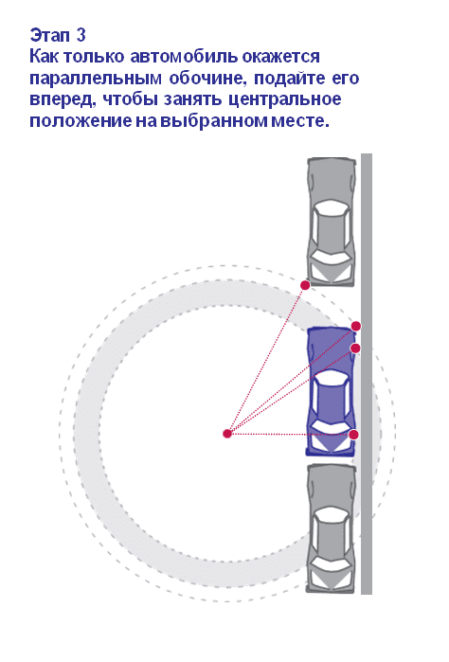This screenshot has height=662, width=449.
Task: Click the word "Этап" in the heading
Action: coord(50,35)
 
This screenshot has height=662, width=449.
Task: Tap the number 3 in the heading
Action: coord(81,35)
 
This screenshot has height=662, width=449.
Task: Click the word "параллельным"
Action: coord(96,79)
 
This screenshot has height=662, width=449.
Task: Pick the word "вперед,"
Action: coord(63,99)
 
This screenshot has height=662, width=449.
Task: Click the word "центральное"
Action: coord(285,99)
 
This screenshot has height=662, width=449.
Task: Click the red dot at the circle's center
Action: coord(227,433)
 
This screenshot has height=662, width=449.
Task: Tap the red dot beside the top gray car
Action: coord(305,285)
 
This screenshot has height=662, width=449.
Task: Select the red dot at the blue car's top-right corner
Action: coord(356,326)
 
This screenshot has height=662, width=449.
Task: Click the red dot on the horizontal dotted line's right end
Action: coord(354,435)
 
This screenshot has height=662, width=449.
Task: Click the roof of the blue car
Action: coord(332,398)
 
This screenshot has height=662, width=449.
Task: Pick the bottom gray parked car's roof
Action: coord(332,534)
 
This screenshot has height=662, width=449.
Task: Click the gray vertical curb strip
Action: coord(367,374)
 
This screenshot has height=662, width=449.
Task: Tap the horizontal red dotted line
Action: coord(291,434)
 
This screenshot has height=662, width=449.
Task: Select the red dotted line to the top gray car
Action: coord(266,359)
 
